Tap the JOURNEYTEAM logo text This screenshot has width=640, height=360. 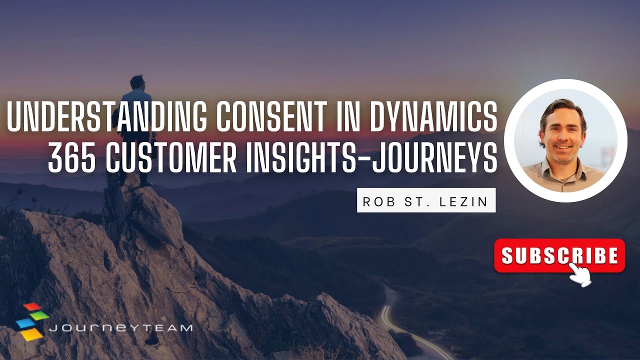(120, 328)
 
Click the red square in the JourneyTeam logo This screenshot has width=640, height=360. (32, 306)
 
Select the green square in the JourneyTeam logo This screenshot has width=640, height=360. (40, 315)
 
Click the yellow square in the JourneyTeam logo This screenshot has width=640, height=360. (32, 333)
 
